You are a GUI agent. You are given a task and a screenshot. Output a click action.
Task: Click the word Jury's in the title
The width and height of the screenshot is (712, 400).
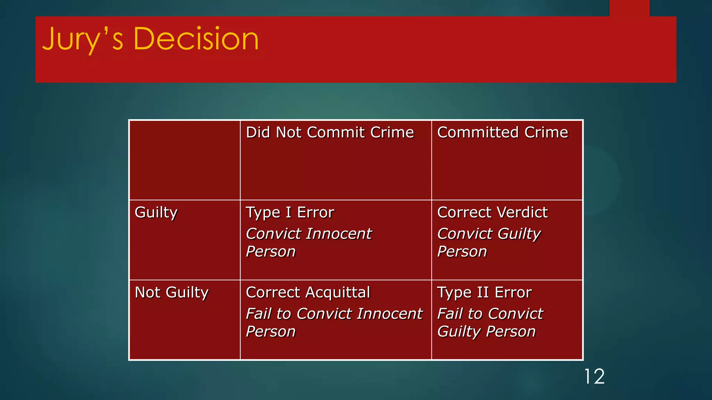pos(83,39)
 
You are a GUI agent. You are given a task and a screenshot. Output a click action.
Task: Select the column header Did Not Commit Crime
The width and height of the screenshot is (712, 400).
pos(330,132)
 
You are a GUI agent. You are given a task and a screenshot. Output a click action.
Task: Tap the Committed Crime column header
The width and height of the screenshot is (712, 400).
pos(502,132)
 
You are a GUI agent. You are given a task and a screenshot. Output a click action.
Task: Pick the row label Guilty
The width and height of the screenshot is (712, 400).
pos(156,212)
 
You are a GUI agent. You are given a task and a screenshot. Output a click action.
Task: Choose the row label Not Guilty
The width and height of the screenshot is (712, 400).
pos(171,292)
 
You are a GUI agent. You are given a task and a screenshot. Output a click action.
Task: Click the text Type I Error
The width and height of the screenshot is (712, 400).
pos(290,212)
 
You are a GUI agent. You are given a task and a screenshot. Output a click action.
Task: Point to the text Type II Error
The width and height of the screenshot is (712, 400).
pos(484,292)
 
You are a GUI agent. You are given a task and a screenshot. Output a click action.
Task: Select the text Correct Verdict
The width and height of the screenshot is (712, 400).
pos(492,212)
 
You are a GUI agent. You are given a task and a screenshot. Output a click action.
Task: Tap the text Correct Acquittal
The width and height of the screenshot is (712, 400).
pos(308,292)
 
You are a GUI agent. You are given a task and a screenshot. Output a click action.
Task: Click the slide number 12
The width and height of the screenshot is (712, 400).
pos(594,377)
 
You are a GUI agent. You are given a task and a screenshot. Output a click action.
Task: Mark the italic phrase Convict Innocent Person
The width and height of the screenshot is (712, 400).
pos(308,242)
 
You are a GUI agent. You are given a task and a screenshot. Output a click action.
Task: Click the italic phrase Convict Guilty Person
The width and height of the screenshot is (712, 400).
pos(489,242)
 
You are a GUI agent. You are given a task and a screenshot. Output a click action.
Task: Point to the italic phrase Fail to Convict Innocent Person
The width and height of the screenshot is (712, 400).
pos(334,322)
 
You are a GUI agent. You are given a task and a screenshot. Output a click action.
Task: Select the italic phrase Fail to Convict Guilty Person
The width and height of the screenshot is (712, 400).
pos(489,322)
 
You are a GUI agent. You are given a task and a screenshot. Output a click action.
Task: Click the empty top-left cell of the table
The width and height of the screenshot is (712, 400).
pos(185,160)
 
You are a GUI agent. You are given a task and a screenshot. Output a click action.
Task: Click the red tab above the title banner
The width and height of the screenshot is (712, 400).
pos(629,8)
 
